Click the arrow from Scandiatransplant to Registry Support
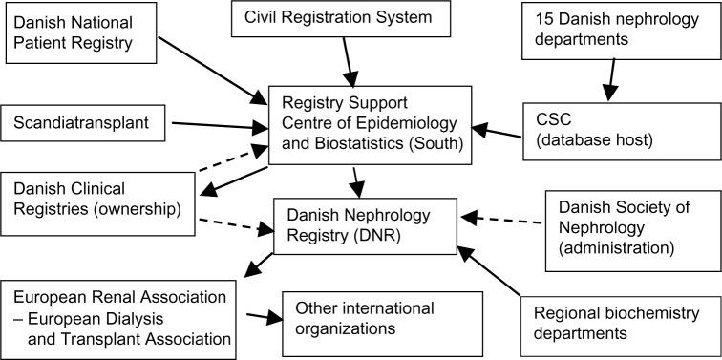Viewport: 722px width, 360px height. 215,125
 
